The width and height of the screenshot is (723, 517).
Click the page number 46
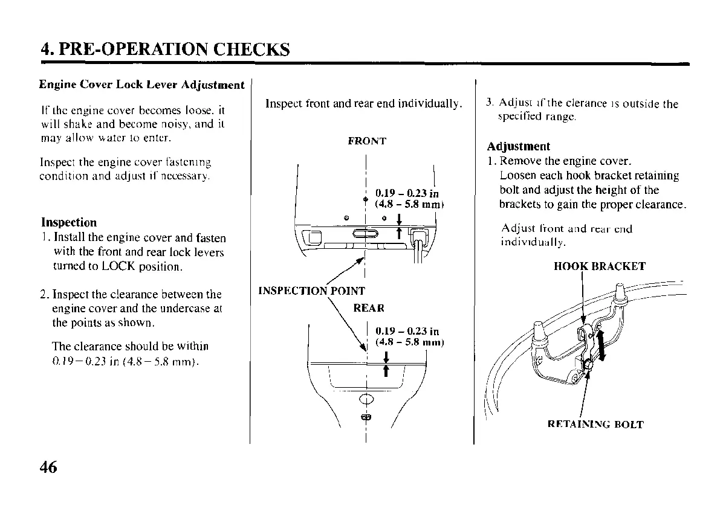coord(48,467)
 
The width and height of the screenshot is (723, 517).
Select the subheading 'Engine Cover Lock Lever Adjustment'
coord(141,85)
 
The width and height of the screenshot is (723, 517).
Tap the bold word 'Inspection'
coord(69,222)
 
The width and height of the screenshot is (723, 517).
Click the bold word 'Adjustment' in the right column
coord(519,147)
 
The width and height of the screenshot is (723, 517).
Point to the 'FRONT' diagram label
coord(367,141)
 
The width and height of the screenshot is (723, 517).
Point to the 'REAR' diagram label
coord(368,309)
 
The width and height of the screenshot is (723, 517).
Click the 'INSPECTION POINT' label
coord(311,291)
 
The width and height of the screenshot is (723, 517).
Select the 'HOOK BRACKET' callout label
coord(599,266)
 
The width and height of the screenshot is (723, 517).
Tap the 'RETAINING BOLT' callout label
coord(595,425)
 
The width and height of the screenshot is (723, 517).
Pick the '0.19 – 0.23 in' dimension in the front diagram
coord(407,193)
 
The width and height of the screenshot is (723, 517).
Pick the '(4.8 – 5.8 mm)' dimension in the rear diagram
coord(409,342)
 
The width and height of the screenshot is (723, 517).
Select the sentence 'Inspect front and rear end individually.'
coord(364,103)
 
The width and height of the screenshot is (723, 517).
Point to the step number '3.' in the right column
coord(490,104)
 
